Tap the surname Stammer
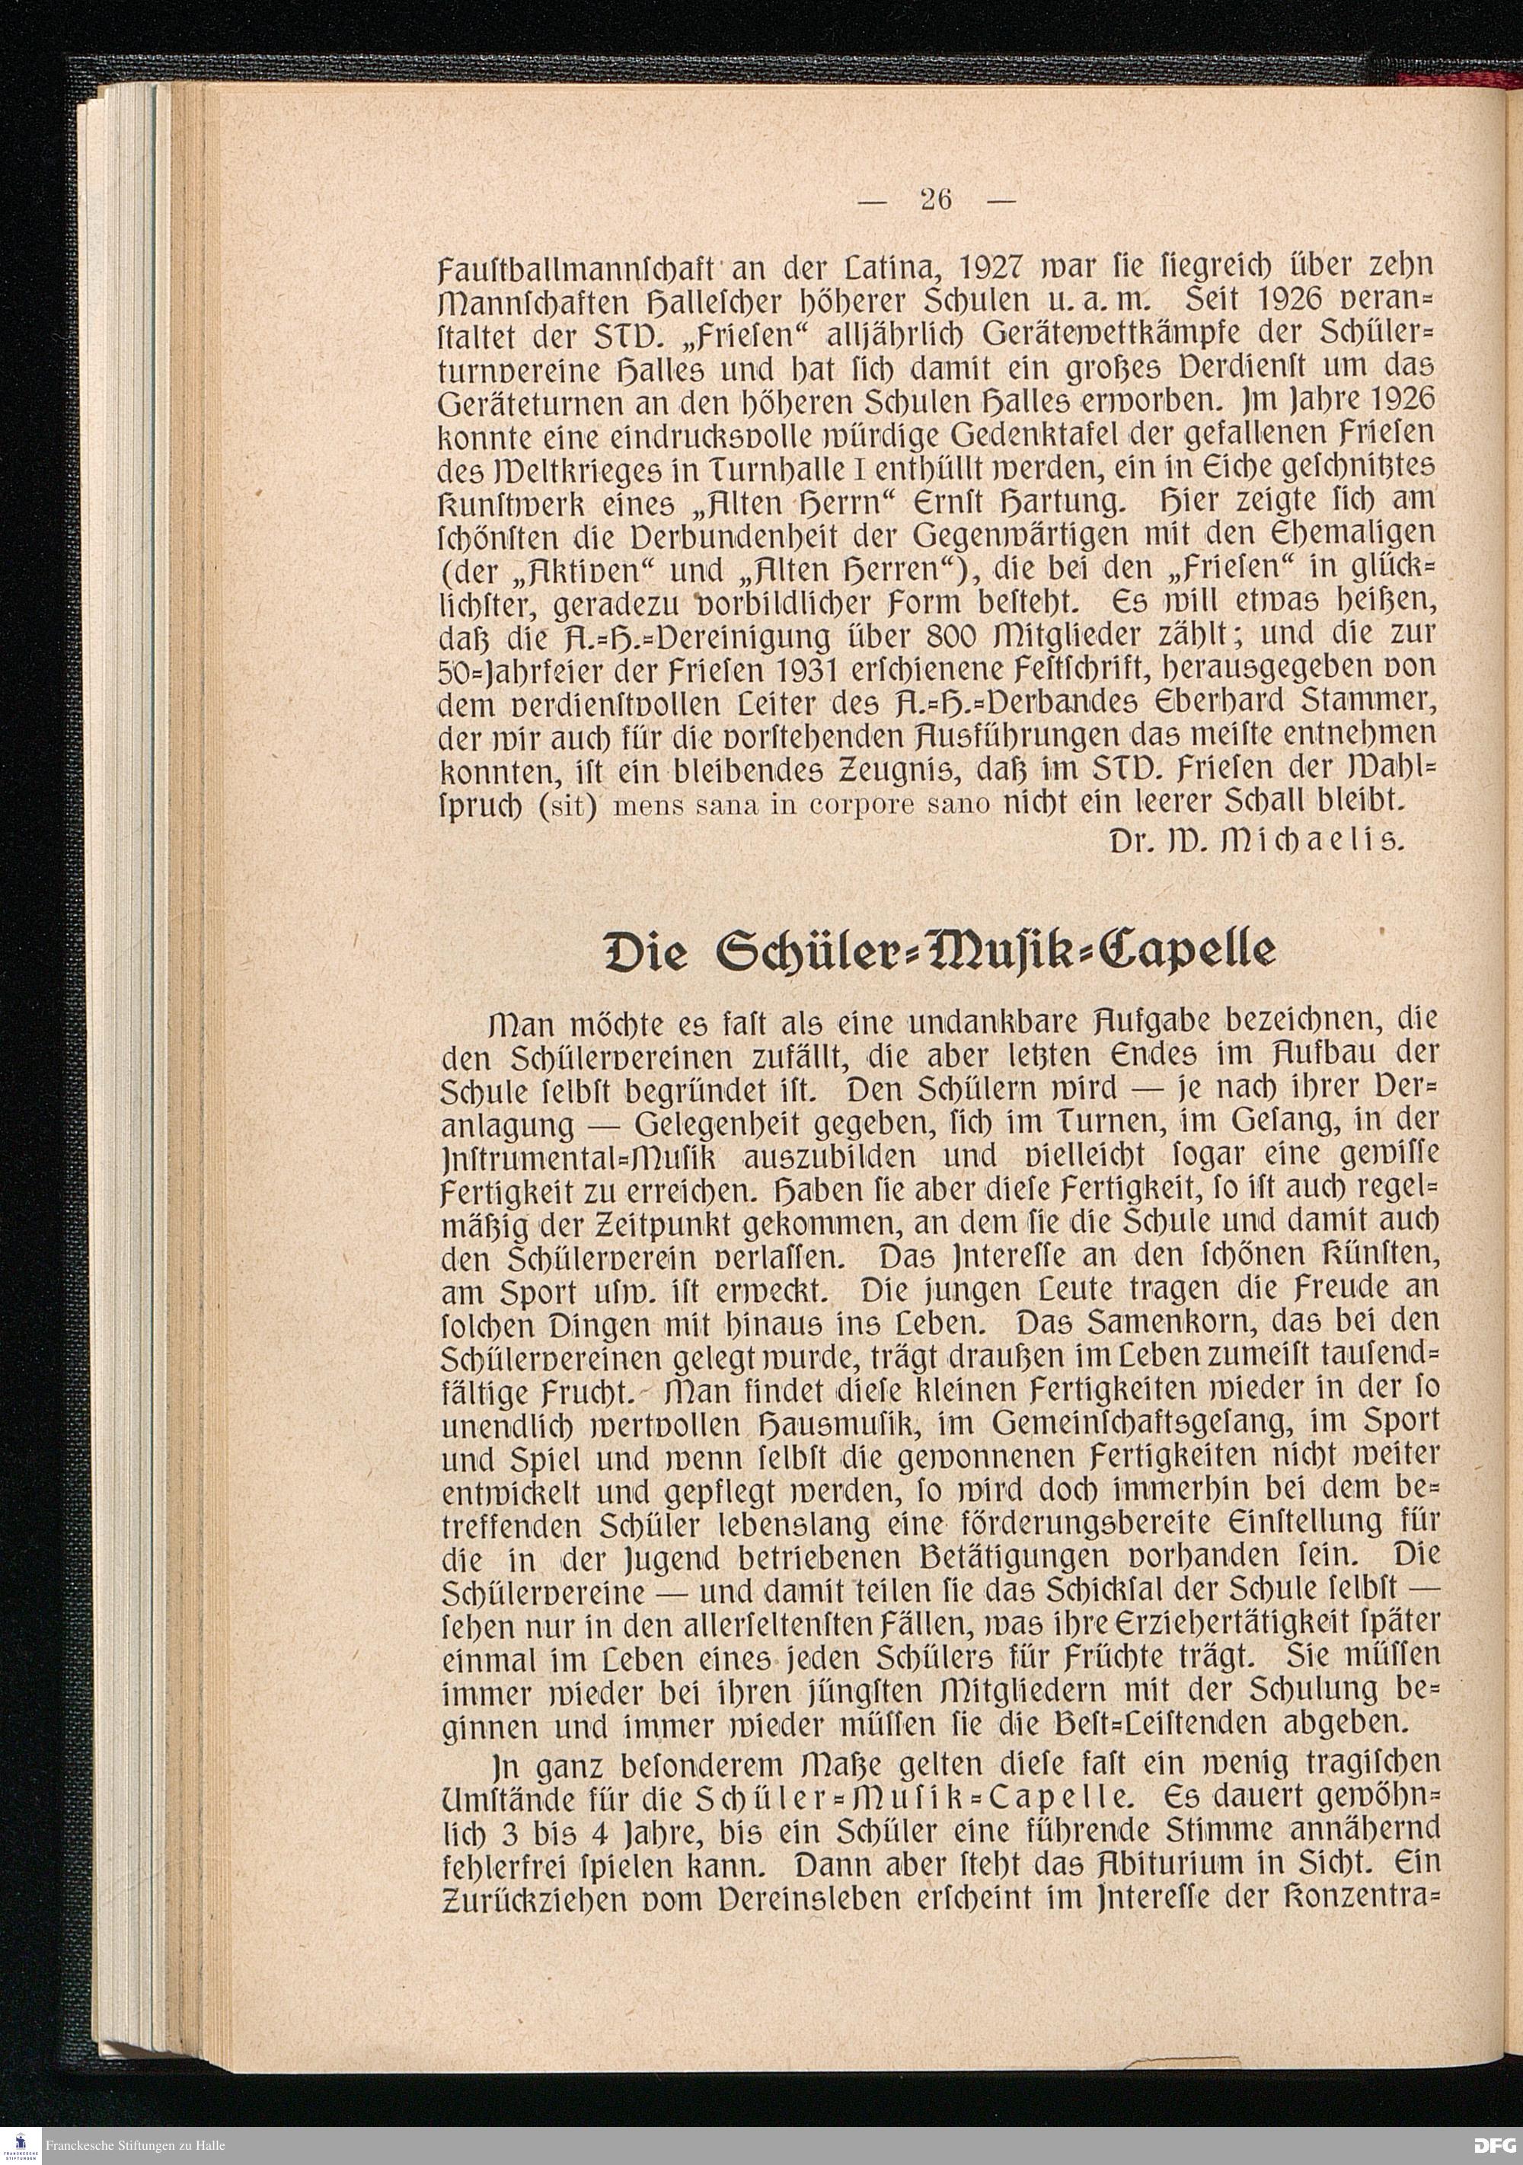pyautogui.click(x=1358, y=700)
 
